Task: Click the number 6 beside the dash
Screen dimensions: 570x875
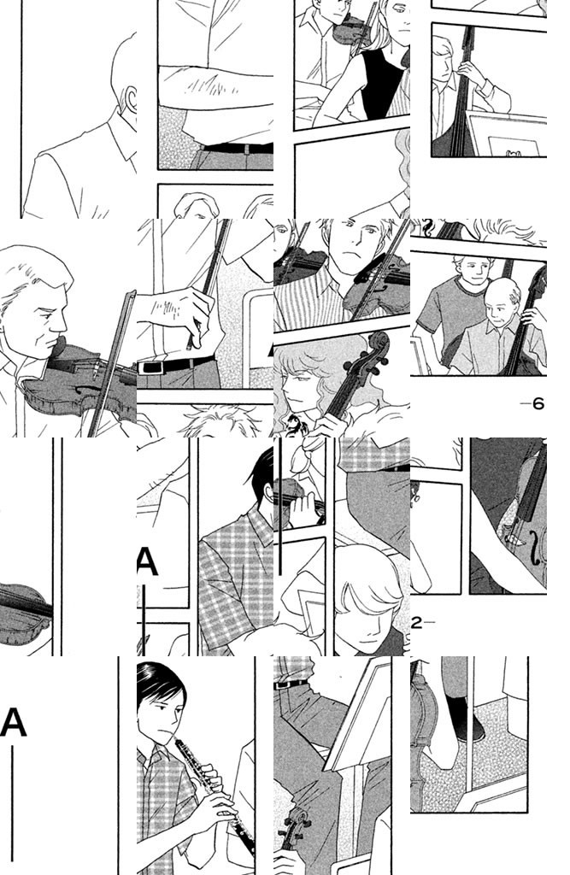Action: tap(538, 403)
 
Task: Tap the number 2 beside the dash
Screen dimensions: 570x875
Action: tap(416, 623)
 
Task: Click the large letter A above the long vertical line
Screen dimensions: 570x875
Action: tap(14, 723)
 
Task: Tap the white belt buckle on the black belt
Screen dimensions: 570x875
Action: tap(150, 367)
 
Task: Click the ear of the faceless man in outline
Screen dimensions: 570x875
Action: tap(132, 101)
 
